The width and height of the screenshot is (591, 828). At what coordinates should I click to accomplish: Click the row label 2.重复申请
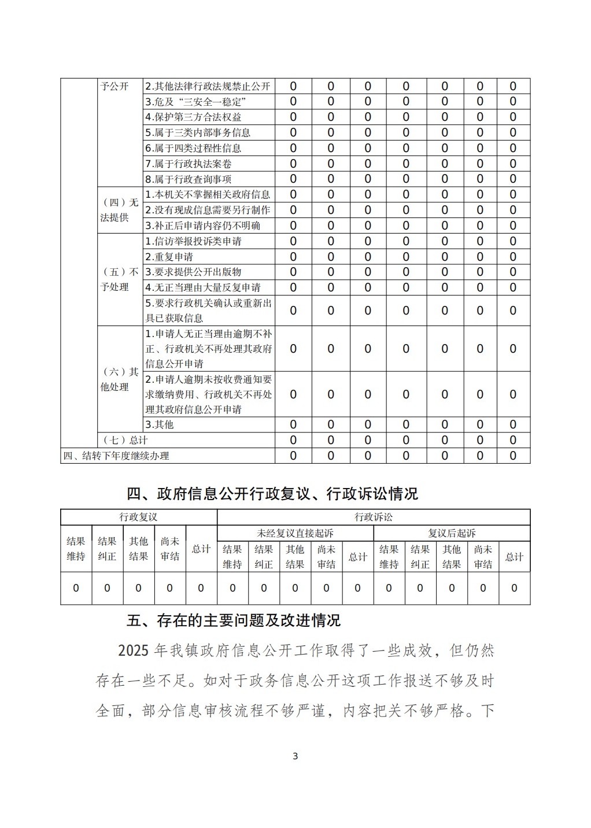click(169, 257)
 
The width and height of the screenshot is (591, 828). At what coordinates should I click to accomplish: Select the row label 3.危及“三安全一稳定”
click(196, 102)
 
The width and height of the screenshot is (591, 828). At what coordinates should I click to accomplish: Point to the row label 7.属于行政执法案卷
click(188, 164)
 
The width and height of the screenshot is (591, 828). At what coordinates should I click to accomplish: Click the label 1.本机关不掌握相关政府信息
click(208, 195)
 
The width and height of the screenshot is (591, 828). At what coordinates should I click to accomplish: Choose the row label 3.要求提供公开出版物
click(193, 272)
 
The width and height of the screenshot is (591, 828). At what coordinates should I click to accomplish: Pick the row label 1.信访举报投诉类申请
click(193, 241)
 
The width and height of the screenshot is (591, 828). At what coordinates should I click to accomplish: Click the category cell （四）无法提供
click(120, 210)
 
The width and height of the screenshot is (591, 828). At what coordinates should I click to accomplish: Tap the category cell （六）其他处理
click(120, 379)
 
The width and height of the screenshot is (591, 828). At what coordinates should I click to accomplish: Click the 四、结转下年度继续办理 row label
click(116, 456)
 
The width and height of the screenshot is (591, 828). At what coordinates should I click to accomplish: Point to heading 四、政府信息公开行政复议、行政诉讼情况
click(272, 494)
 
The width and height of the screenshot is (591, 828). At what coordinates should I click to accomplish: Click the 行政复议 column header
click(138, 517)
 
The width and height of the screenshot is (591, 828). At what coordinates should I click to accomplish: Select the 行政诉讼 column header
click(374, 517)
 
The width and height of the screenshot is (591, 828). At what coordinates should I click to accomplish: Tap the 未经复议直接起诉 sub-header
click(295, 533)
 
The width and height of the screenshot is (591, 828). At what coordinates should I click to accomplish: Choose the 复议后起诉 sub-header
click(452, 533)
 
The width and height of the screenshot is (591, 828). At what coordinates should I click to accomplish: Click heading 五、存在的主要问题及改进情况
click(234, 621)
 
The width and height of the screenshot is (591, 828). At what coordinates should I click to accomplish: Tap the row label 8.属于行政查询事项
click(188, 179)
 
